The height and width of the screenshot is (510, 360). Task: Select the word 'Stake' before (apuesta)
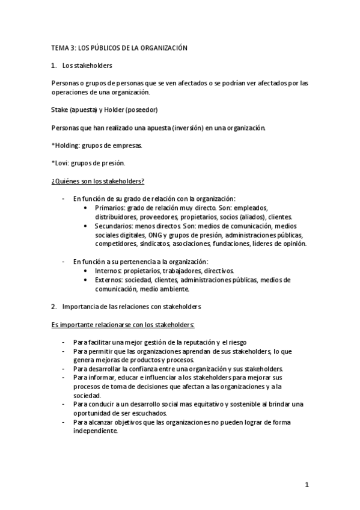(61, 110)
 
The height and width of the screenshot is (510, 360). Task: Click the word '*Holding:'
(66, 145)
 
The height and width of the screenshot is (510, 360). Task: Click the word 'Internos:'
(108, 271)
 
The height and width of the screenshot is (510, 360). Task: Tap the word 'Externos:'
(109, 280)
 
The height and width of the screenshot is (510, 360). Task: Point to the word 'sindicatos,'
(157, 244)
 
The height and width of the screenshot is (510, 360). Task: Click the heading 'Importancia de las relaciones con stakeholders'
(131, 306)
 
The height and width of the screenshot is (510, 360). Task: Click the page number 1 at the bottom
(307, 485)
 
